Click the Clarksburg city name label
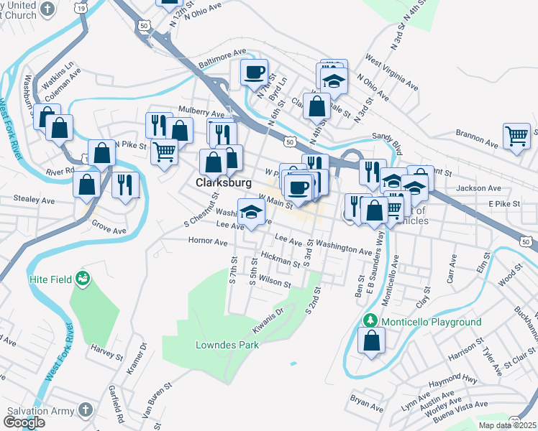click(x=224, y=182)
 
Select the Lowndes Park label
click(x=227, y=345)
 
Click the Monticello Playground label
click(x=431, y=322)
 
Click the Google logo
click(x=24, y=422)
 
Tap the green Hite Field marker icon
click(x=83, y=278)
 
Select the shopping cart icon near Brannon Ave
click(x=516, y=136)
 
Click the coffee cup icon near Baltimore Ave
click(x=254, y=72)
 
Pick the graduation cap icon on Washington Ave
click(x=250, y=213)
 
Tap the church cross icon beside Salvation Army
click(x=85, y=410)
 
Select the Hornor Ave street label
click(x=207, y=242)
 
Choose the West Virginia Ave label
click(x=391, y=71)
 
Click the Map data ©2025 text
click(x=507, y=425)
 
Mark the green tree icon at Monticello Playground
click(x=371, y=320)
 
